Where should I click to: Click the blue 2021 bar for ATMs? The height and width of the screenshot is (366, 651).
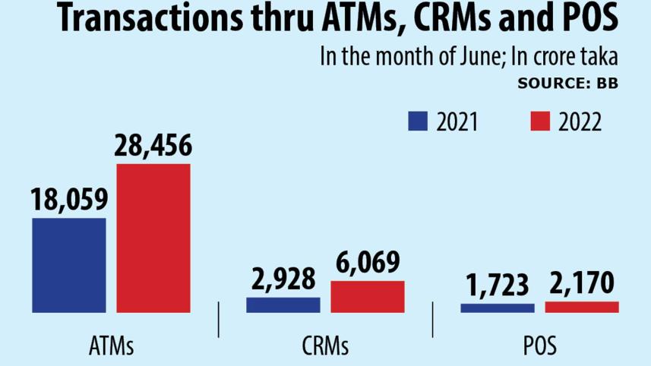coord(68,264)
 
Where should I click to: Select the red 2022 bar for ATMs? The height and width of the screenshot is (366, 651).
coord(153,238)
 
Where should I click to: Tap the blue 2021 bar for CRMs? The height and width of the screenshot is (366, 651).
coord(283,304)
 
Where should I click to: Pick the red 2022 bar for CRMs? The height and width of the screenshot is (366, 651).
coord(367,296)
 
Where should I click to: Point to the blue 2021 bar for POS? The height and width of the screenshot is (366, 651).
coord(497,308)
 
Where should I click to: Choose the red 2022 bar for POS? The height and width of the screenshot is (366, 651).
coord(582,307)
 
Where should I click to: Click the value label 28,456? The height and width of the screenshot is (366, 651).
coord(153,146)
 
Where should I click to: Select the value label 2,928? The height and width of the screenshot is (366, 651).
coord(283,279)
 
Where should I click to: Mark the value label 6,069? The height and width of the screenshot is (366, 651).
coord(368,263)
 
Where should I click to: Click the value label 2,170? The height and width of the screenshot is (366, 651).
coord(582,286)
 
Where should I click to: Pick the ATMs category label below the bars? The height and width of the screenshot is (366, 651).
coord(111,347)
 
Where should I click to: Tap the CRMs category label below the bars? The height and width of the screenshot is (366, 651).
coord(324,347)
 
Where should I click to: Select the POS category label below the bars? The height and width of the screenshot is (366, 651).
coord(539,347)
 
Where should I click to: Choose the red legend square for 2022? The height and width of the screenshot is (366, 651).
coord(539,121)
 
